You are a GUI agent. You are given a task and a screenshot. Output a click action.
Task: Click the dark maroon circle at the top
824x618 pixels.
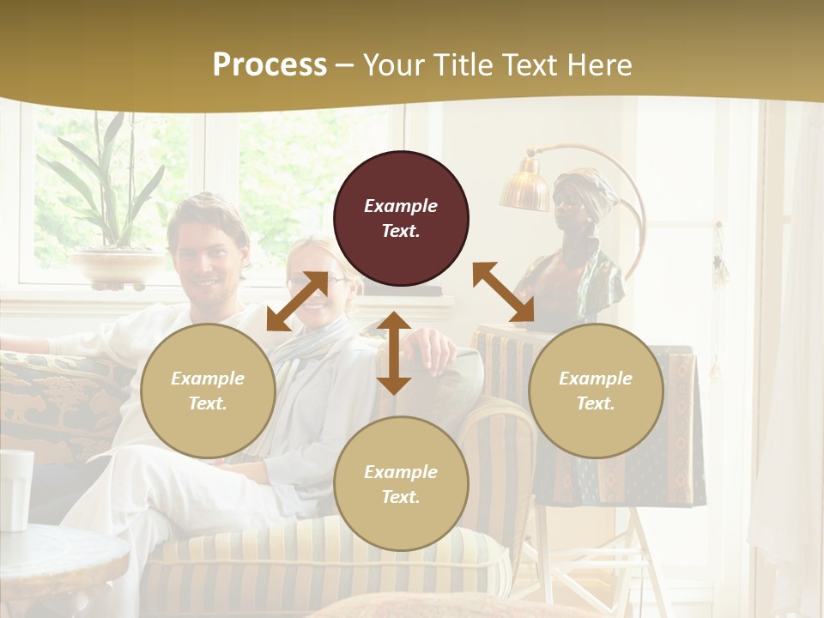(x=401, y=218)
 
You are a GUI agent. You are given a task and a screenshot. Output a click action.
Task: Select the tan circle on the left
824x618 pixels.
(x=208, y=391)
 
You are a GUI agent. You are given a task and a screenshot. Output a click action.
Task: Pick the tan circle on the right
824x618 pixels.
(x=596, y=391)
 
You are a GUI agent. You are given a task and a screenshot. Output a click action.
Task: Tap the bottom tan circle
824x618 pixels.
(x=401, y=484)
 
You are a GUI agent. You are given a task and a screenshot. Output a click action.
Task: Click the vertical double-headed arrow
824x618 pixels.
(x=394, y=353)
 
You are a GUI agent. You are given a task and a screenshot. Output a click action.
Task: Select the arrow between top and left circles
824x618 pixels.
(x=297, y=301)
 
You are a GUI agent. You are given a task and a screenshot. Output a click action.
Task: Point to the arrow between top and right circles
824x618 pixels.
(x=503, y=293)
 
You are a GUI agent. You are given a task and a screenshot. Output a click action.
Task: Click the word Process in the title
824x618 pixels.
(x=270, y=65)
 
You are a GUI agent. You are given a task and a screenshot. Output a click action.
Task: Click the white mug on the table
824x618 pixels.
(x=15, y=489)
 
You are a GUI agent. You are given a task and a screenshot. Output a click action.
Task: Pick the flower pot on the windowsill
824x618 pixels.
(x=118, y=267)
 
